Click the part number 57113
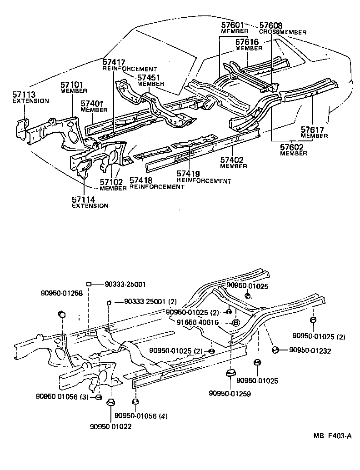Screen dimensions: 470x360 point(23,95)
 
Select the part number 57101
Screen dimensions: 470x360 point(72,85)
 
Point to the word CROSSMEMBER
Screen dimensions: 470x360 point(282,32)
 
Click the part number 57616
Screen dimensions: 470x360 point(247,42)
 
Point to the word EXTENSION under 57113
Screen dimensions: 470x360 point(30,101)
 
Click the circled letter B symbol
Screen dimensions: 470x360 point(236,323)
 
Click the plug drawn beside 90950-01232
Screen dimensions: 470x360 point(275,350)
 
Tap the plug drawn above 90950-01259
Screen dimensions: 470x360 point(230,375)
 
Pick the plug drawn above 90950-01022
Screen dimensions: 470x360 point(110,403)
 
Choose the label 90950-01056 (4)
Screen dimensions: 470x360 point(141,415)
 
